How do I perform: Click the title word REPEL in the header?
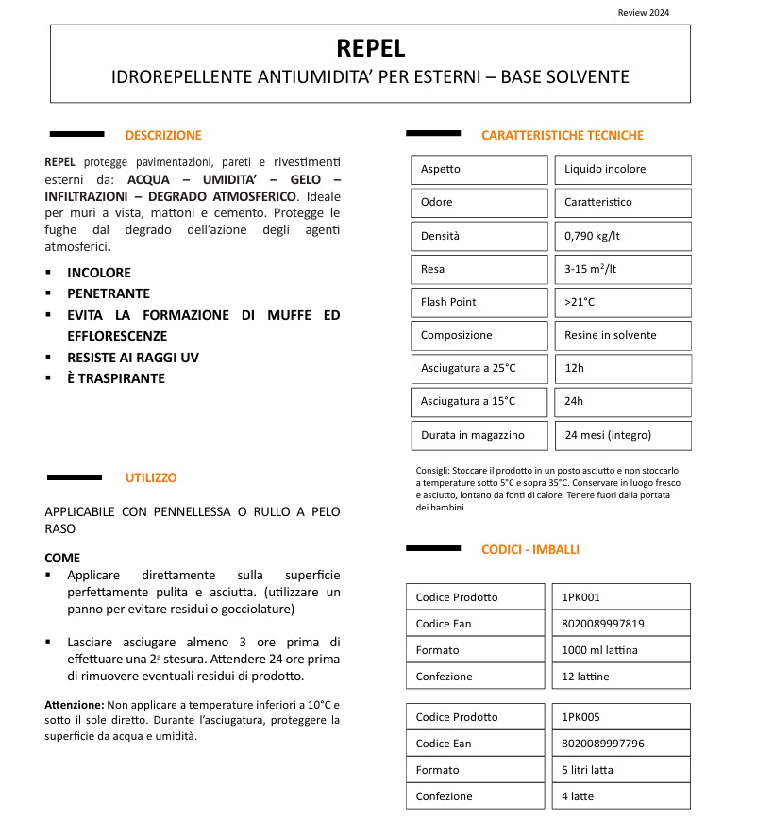(370, 48)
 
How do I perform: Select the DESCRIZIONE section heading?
(163, 135)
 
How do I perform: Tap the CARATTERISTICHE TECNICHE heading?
(562, 135)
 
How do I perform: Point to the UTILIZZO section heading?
(151, 478)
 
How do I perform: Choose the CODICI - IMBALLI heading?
(530, 549)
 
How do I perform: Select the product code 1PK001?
(580, 597)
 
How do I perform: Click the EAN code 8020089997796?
(603, 744)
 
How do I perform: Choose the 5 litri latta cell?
(587, 770)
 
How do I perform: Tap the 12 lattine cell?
(585, 677)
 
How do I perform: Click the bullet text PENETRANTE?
(109, 293)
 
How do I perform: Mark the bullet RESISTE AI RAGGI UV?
(133, 358)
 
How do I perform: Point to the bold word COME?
(62, 558)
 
